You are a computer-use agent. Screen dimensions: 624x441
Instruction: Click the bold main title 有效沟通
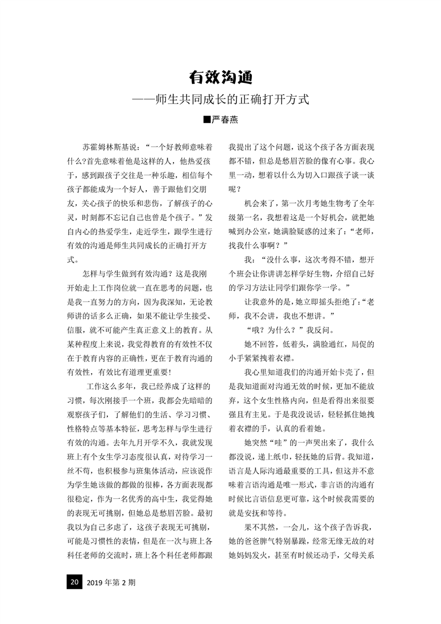221,77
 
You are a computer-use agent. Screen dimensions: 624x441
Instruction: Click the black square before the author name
207,120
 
